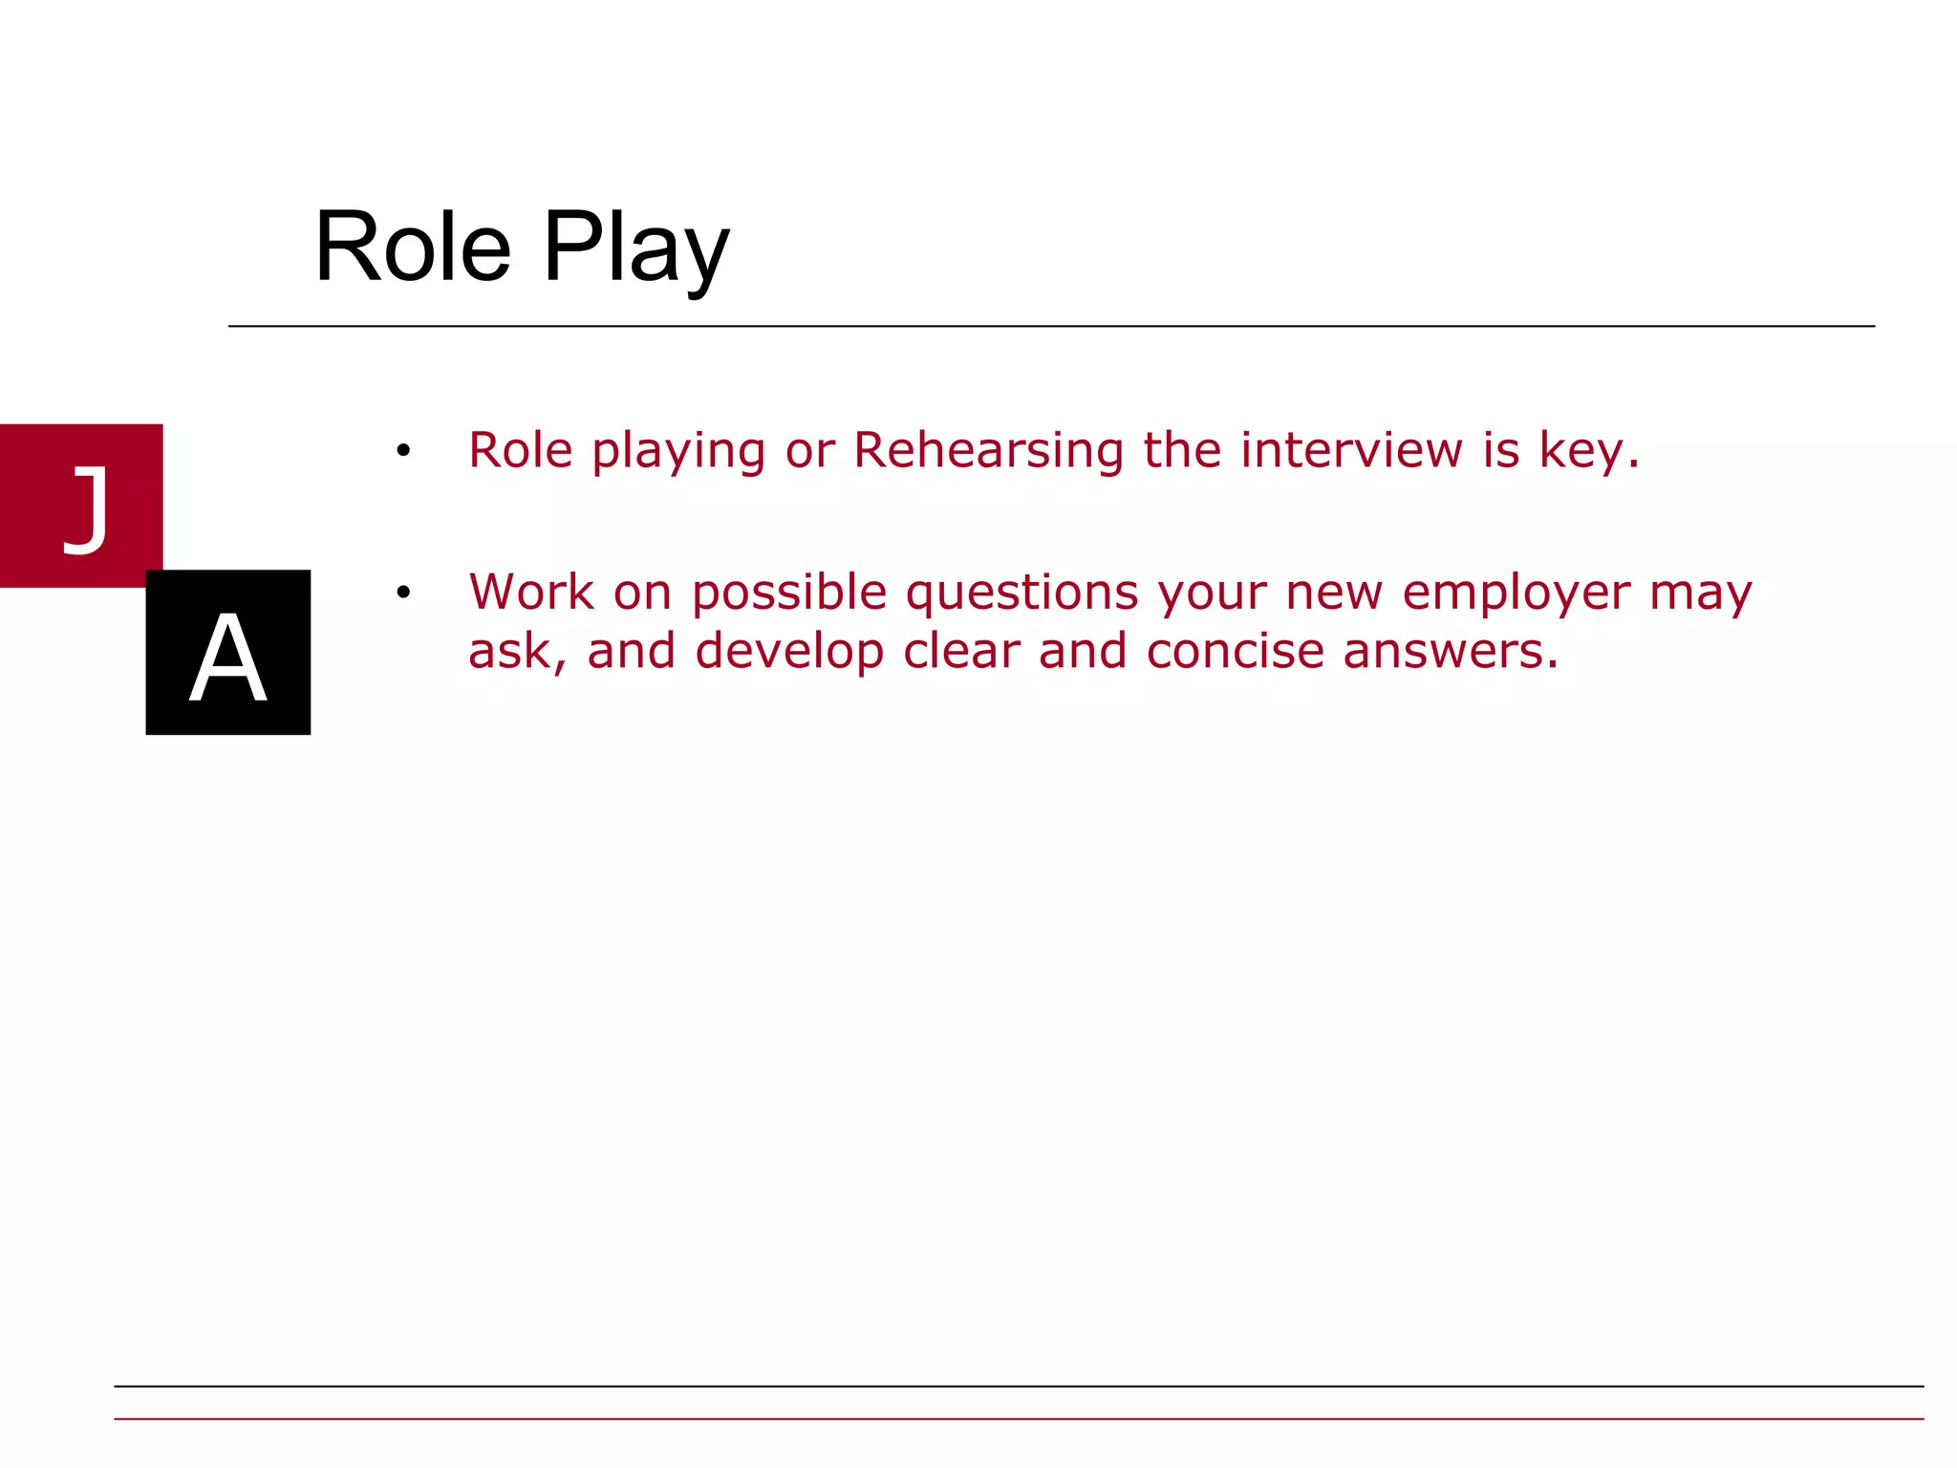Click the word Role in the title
coord(413,247)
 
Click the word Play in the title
coord(636,247)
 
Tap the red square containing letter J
coord(81,505)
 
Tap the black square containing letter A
coord(227,653)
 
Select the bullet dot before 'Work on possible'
coord(403,593)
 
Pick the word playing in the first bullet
coord(678,451)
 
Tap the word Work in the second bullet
coord(531,592)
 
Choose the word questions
coord(1022,594)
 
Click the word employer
coord(1516,594)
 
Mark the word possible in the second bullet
coord(789,594)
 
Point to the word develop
coord(789,652)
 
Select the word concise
coord(1235,651)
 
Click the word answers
coord(1441,651)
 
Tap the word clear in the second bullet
coord(961,651)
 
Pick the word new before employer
coord(1334,594)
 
